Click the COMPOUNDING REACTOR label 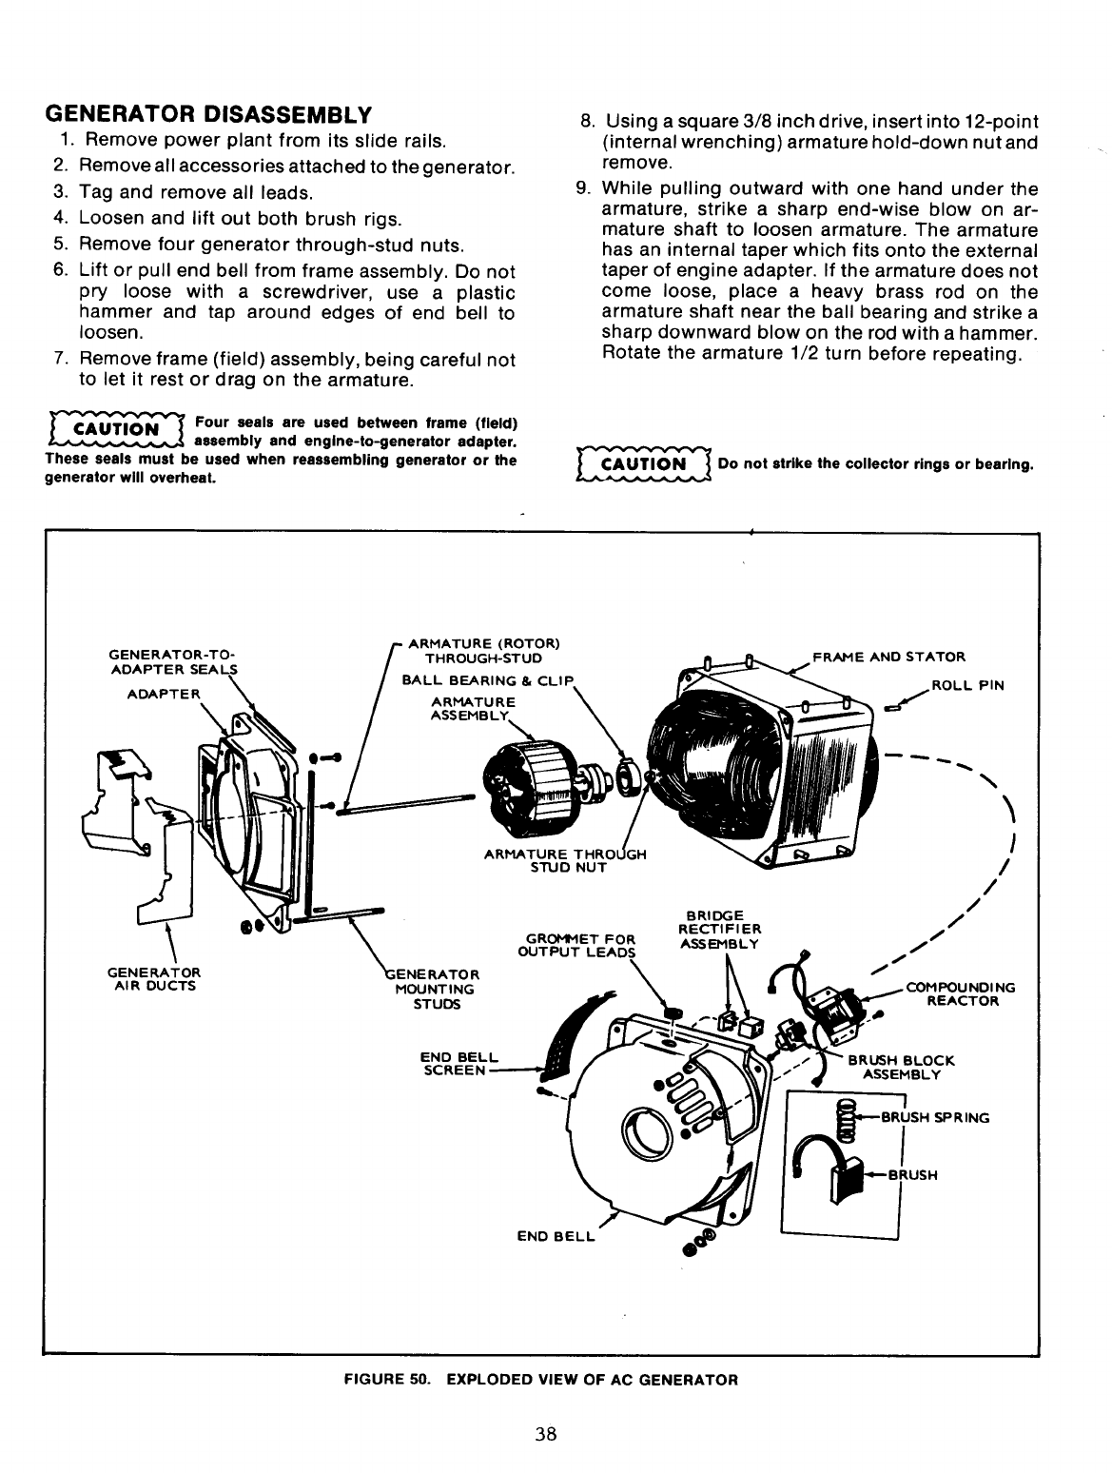click(961, 993)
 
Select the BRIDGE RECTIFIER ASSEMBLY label click(719, 928)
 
